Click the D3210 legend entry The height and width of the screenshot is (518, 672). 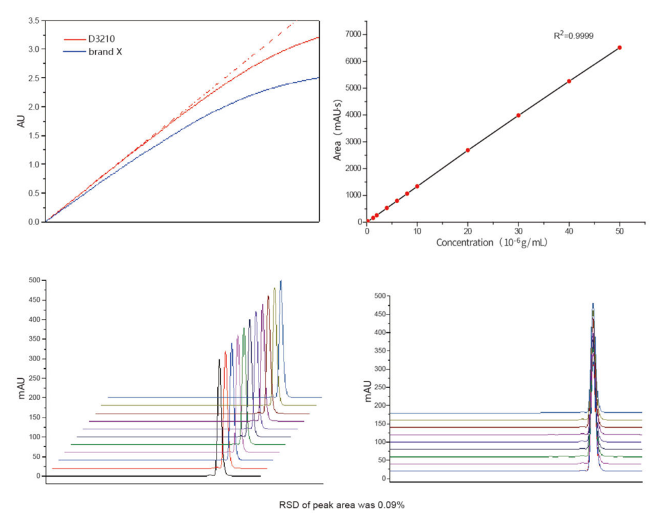(102, 38)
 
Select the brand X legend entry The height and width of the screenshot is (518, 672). (105, 51)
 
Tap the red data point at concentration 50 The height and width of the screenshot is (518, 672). (619, 47)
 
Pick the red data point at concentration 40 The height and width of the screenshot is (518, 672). (569, 81)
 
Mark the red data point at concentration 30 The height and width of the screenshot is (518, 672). (518, 115)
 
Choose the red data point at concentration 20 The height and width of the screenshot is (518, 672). (468, 150)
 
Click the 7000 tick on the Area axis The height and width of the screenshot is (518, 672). (353, 34)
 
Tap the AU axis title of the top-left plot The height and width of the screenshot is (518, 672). (20, 121)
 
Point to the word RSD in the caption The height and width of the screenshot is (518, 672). (288, 504)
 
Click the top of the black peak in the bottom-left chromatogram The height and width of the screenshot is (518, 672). (219, 359)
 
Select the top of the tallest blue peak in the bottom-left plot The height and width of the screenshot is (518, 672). (281, 281)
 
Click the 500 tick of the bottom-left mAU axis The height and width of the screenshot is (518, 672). (31, 280)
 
